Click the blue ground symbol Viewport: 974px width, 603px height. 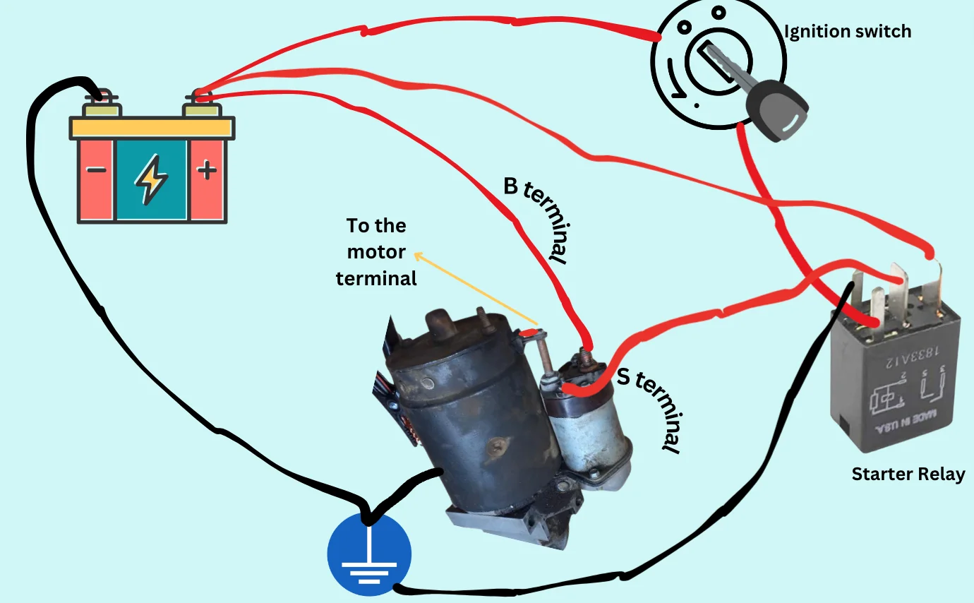pos(368,555)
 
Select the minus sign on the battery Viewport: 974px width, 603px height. pos(97,170)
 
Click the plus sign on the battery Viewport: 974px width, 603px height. pos(206,170)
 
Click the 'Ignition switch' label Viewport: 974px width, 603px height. pos(848,32)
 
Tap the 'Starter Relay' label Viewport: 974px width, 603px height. pos(908,474)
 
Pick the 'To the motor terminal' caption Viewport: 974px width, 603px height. pos(376,252)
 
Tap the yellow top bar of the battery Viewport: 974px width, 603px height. pos(152,128)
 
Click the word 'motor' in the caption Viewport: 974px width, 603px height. pos(376,252)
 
